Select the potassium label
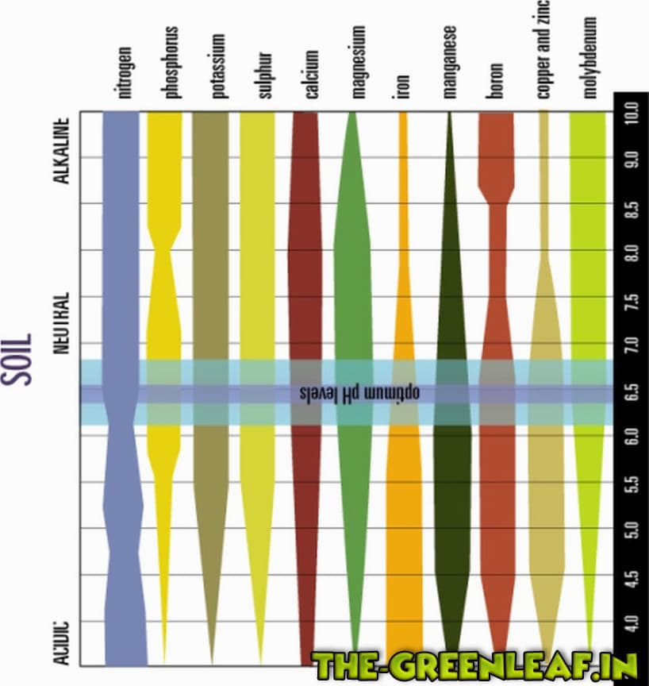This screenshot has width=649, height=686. [x=219, y=66]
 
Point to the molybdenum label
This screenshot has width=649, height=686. [x=589, y=57]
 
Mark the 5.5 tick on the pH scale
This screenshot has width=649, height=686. [x=632, y=482]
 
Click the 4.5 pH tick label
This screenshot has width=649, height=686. [x=632, y=574]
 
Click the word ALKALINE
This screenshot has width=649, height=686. [x=63, y=152]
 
